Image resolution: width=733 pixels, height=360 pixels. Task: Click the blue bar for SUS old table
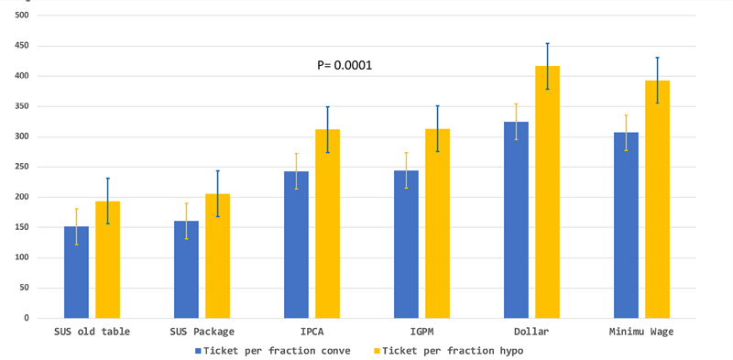tap(76, 272)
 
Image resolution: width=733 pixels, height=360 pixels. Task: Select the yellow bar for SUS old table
tap(107, 260)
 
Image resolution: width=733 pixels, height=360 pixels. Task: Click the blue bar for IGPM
tap(406, 245)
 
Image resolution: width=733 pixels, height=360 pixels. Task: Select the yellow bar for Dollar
tap(547, 192)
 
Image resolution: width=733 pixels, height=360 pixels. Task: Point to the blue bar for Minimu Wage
tap(626, 225)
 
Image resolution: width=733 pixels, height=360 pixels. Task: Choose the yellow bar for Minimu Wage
tap(657, 200)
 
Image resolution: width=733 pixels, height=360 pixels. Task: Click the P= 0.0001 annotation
tap(345, 65)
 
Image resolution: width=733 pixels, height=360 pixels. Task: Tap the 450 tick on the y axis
tap(22, 46)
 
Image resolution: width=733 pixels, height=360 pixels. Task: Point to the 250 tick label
tap(22, 167)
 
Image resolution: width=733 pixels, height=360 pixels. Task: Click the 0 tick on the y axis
tap(27, 319)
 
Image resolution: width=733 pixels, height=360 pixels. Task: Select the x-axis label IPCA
tap(312, 332)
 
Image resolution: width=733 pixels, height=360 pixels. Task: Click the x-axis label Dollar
tap(532, 332)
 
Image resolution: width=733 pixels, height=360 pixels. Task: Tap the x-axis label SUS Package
tap(202, 332)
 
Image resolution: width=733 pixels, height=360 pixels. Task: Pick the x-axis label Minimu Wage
tap(641, 332)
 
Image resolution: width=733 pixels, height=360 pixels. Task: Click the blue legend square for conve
tap(198, 350)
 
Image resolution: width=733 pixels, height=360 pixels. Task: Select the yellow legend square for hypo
tap(377, 350)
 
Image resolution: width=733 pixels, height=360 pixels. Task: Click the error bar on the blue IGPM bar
tap(406, 170)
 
